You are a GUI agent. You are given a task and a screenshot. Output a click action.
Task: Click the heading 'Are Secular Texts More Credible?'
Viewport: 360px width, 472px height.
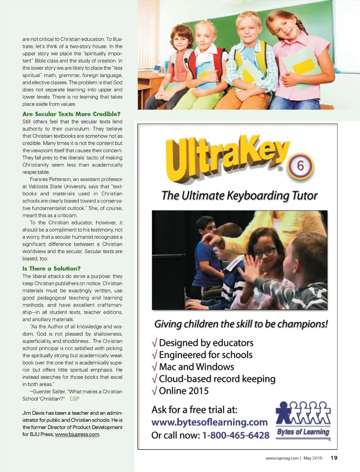pyautogui.click(x=71, y=114)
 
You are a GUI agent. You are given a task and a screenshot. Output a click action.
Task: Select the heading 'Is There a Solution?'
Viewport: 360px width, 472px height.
pyautogui.click(x=51, y=269)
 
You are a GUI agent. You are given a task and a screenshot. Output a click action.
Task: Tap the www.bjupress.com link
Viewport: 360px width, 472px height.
pyautogui.click(x=77, y=434)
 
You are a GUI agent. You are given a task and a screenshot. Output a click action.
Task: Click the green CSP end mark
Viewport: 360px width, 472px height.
pyautogui.click(x=75, y=399)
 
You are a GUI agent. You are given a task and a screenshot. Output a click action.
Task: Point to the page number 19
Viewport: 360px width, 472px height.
pyautogui.click(x=334, y=458)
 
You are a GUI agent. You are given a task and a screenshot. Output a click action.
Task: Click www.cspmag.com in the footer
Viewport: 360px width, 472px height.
pyautogui.click(x=282, y=458)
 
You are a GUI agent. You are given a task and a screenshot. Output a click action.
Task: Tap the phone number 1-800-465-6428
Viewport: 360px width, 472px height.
pyautogui.click(x=236, y=435)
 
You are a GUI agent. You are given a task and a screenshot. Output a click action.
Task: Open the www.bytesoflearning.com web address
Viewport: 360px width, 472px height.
pyautogui.click(x=210, y=422)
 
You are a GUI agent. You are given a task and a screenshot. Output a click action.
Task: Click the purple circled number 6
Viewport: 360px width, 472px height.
pyautogui.click(x=301, y=166)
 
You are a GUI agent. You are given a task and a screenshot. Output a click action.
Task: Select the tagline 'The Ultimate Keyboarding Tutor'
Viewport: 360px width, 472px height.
pyautogui.click(x=239, y=196)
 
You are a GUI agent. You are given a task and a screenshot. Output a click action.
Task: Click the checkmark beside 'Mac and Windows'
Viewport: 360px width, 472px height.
pyautogui.click(x=154, y=367)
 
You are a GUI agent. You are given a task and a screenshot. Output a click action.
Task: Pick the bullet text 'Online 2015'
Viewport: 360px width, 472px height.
pyautogui.click(x=184, y=391)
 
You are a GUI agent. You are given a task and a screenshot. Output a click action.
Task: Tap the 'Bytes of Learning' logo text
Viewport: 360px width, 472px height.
pyautogui.click(x=303, y=432)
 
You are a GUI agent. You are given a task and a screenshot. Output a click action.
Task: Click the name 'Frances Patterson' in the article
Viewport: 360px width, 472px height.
pyautogui.click(x=50, y=179)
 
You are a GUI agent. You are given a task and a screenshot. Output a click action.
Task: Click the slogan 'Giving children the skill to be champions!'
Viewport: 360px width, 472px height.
pyautogui.click(x=241, y=324)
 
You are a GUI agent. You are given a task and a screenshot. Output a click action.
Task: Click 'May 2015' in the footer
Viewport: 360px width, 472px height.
pyautogui.click(x=313, y=458)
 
